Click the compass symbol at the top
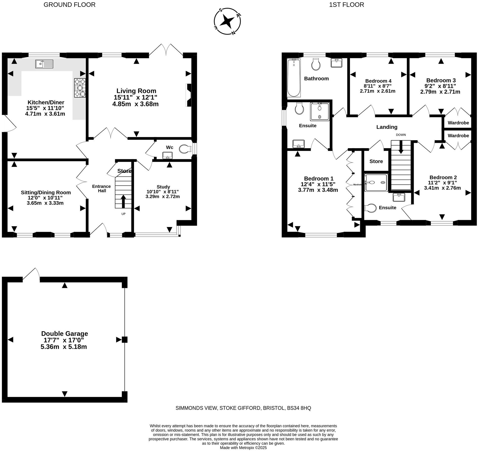tap(227, 21)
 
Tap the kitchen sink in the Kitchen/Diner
tap(44, 64)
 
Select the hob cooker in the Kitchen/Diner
tap(80, 88)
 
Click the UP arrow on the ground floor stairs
tap(123, 201)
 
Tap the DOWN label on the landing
tap(401, 135)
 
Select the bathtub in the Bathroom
tap(294, 78)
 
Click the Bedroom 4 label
tap(378, 81)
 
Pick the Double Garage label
tap(65, 333)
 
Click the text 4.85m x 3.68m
tap(135, 104)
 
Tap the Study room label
tap(163, 187)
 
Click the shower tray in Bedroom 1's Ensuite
tap(320, 111)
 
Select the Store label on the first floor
tap(376, 161)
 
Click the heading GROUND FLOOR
tap(69, 5)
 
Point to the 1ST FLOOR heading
tap(346, 5)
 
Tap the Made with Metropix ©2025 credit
tap(243, 448)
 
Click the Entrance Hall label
tap(102, 188)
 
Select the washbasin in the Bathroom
tap(336, 62)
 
